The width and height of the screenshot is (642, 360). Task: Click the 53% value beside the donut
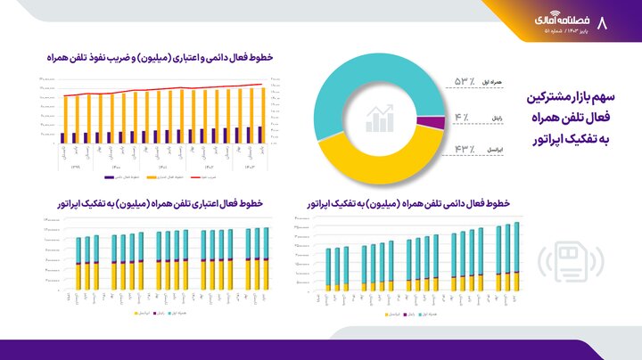465,82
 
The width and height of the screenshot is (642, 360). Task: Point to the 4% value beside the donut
461,117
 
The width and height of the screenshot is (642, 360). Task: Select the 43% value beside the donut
465,149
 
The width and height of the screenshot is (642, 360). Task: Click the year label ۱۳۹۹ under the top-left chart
75,167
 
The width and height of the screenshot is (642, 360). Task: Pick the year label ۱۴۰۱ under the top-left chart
162,167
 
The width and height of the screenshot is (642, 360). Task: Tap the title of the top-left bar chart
160,56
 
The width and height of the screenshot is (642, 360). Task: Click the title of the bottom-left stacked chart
160,204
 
